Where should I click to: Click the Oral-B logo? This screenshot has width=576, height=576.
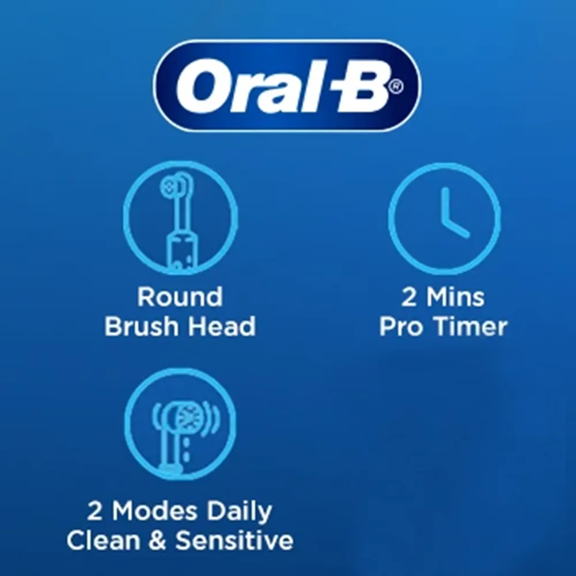click(x=287, y=85)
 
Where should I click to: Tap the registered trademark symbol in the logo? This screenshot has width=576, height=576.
click(x=396, y=87)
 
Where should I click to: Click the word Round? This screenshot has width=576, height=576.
click(x=180, y=297)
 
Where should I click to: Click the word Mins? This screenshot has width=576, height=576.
click(x=456, y=297)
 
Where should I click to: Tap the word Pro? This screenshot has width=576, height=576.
click(x=401, y=327)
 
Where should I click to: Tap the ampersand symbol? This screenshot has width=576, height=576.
click(x=158, y=540)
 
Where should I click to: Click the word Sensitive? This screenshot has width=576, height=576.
click(x=234, y=540)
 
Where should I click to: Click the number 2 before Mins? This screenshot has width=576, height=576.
click(x=410, y=297)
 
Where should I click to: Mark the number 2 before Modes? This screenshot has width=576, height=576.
click(x=95, y=511)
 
